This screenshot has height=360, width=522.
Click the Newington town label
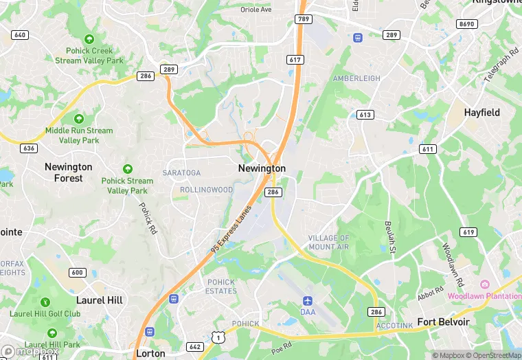coord(262,168)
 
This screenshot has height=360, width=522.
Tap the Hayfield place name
coord(481,112)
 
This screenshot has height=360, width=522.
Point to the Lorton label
coord(150,353)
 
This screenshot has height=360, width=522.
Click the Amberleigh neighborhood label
coord(356,78)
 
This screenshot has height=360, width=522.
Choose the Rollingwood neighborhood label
coord(206,190)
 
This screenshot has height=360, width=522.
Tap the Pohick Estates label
coord(220,286)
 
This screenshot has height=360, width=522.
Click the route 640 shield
coord(20,35)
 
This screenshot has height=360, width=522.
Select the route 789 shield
coord(302,19)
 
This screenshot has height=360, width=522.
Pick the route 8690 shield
coord(466,23)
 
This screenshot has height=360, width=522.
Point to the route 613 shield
coord(365,115)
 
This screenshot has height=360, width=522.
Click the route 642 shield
coord(195,346)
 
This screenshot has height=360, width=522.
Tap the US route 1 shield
coord(218,337)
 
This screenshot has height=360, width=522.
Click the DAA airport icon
coord(308,301)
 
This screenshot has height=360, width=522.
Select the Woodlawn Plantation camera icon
coord(484,284)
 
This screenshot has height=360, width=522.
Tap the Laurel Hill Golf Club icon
coord(45,302)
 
